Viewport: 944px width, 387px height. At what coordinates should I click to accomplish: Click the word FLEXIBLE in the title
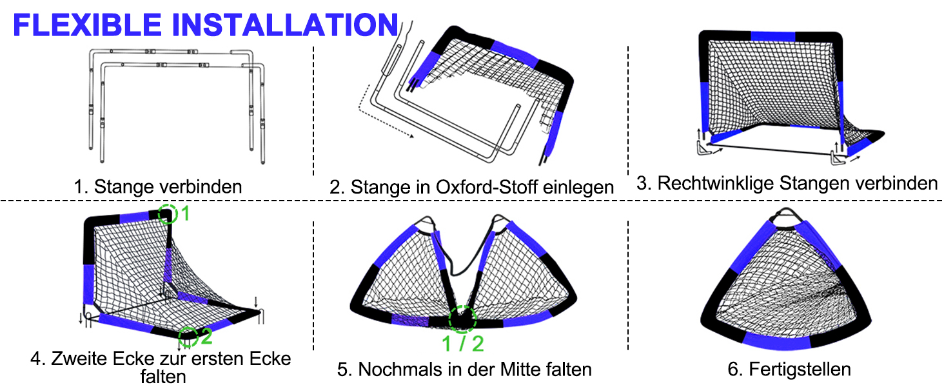87,25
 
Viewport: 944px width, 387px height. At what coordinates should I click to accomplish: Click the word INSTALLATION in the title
285,25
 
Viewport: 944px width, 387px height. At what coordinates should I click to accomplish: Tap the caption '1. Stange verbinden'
157,187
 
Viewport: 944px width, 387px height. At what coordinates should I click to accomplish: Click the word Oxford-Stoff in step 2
486,187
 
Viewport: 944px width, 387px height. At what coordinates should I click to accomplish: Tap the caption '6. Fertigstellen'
789,370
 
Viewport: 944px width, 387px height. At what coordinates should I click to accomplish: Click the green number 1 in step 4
185,213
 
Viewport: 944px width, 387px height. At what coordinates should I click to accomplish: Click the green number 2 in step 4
206,336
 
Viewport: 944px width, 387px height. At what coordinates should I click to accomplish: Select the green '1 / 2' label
463,344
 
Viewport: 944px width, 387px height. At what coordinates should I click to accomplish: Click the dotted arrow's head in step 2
411,135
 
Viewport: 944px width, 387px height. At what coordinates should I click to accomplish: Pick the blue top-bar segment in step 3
773,36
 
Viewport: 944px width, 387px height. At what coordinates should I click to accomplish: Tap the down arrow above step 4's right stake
255,302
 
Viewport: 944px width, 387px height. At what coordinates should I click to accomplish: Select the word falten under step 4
163,377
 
